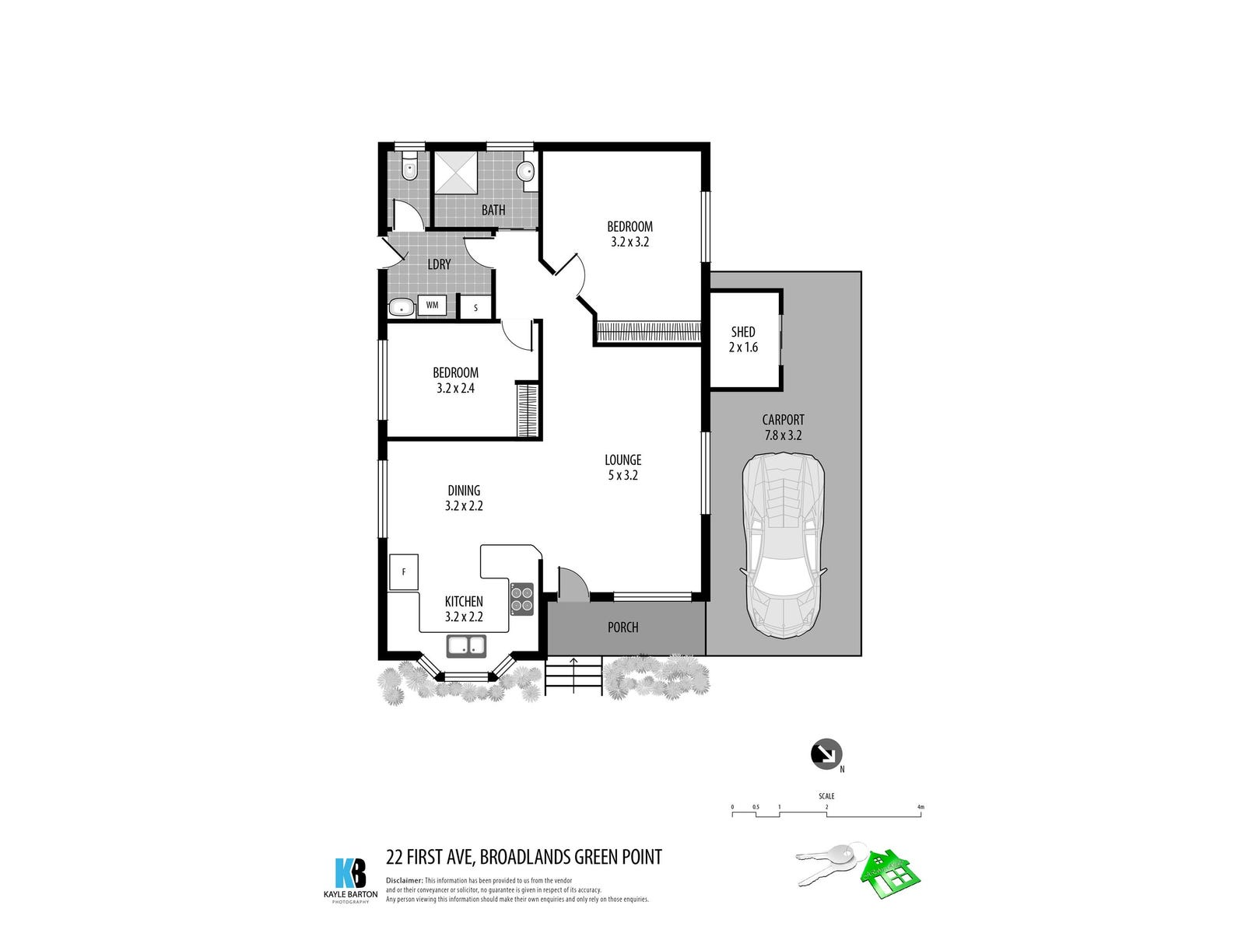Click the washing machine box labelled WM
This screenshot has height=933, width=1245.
pyautogui.click(x=432, y=306)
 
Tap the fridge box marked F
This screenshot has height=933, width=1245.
pyautogui.click(x=404, y=572)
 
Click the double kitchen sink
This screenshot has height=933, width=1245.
pyautogui.click(x=466, y=645)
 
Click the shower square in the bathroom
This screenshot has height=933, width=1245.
pyautogui.click(x=456, y=172)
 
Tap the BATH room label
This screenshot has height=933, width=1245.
pyautogui.click(x=493, y=210)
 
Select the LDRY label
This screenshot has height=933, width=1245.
pyautogui.click(x=439, y=264)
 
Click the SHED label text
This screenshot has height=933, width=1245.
pyautogui.click(x=743, y=332)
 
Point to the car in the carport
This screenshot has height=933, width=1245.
pyautogui.click(x=782, y=544)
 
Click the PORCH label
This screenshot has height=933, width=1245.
pyautogui.click(x=622, y=627)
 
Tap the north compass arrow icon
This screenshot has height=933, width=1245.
pyautogui.click(x=826, y=753)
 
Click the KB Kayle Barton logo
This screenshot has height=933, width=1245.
pyautogui.click(x=350, y=874)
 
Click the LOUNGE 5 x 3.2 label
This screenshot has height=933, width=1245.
pyautogui.click(x=622, y=467)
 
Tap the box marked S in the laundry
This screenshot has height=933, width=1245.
pyautogui.click(x=475, y=308)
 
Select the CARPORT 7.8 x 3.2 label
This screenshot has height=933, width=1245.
pyautogui.click(x=783, y=428)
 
